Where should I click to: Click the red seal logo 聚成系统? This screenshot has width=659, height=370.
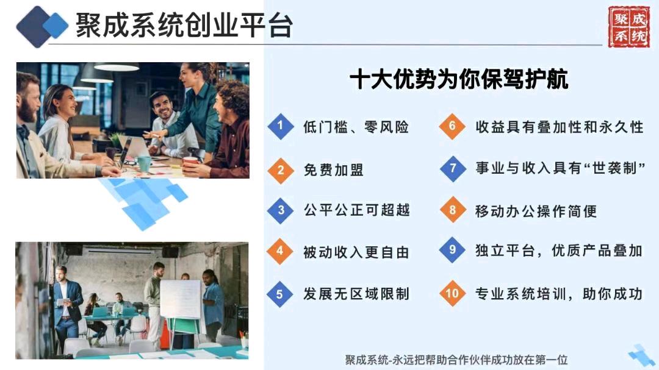tap(628, 26)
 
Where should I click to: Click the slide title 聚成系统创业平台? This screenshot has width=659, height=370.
tap(184, 26)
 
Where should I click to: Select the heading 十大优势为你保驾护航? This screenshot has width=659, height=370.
tap(458, 79)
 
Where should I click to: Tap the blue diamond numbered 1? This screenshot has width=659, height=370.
tap(280, 126)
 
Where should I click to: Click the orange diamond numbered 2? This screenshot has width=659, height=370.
tap(280, 170)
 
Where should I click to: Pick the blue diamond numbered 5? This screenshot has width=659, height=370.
tap(280, 294)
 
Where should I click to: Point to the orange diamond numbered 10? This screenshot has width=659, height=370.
tap(452, 293)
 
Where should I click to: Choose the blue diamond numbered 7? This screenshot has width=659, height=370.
tap(453, 168)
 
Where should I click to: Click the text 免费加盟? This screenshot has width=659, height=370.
tap(334, 170)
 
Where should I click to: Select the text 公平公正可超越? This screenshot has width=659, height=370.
tap(356, 210)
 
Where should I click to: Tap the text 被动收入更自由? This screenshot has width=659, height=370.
tap(356, 252)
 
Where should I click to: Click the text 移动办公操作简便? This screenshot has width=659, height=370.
tap(536, 211)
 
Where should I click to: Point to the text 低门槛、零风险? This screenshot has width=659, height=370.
tap(356, 127)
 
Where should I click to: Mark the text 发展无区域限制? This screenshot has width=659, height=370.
tap(356, 294)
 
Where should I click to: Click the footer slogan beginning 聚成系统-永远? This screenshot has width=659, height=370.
tap(456, 360)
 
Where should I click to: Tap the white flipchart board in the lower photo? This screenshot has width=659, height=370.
tap(181, 299)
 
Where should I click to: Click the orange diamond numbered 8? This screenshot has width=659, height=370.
tap(452, 210)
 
